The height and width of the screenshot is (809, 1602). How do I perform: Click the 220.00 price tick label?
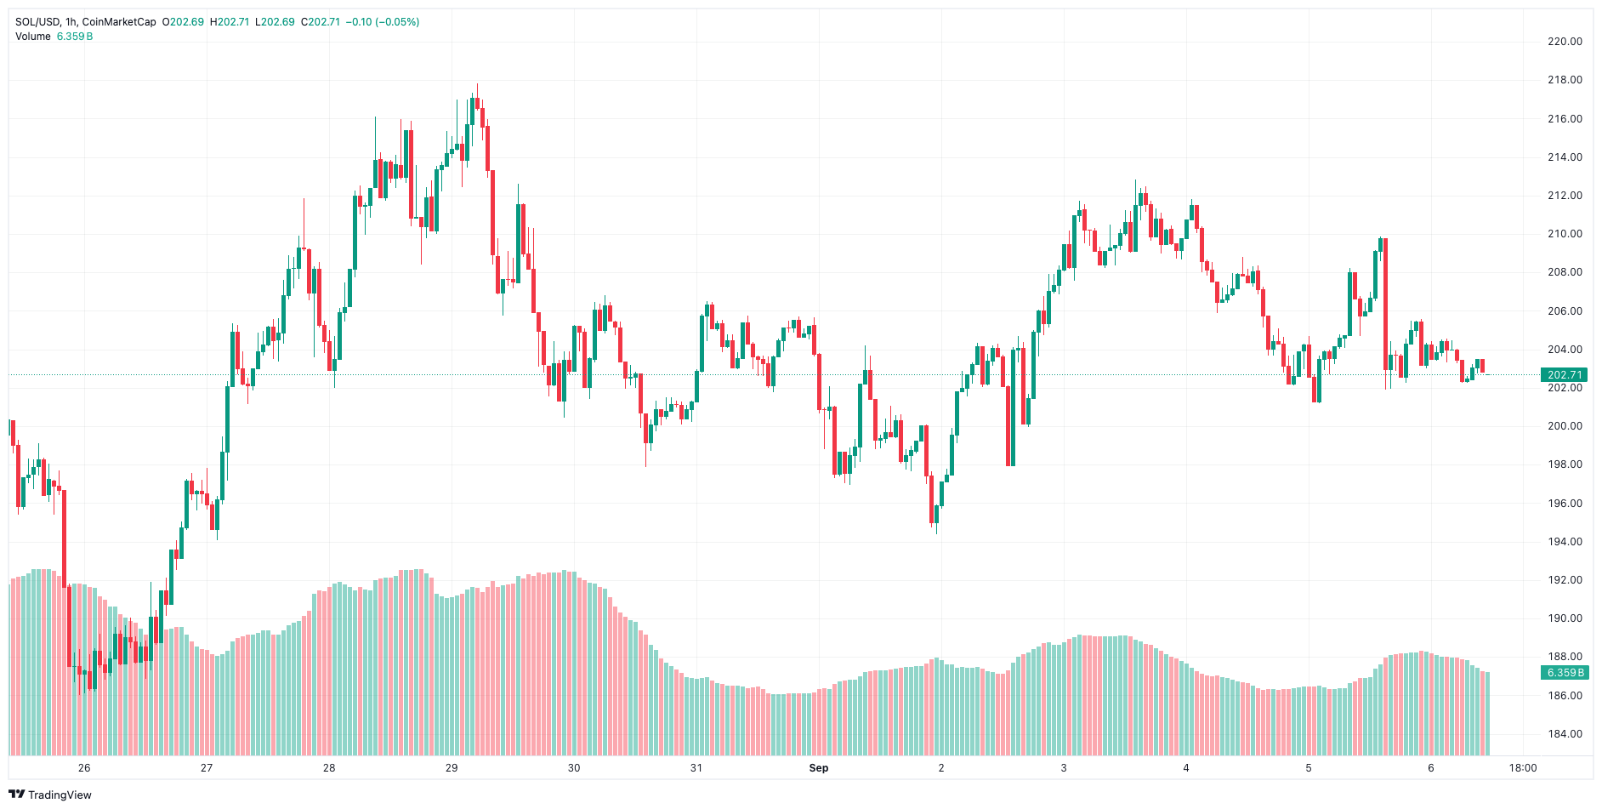(1565, 42)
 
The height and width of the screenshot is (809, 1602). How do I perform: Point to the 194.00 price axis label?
(1565, 542)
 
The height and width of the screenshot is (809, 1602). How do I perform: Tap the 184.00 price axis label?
(1565, 734)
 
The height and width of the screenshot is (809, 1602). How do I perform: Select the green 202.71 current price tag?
(1564, 375)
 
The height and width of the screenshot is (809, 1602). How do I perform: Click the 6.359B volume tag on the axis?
(1564, 673)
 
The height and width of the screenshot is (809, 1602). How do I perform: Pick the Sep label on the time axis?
(818, 768)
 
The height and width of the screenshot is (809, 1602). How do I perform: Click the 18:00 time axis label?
(1522, 768)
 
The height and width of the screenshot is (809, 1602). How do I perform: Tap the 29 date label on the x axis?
(452, 768)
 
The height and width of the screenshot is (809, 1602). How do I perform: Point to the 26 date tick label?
(84, 768)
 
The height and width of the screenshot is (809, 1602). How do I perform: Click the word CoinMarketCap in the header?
(119, 22)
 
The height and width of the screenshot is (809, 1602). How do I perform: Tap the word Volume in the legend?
(33, 37)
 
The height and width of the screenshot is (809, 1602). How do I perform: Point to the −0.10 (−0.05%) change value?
(383, 22)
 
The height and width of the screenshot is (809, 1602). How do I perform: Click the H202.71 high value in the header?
(230, 22)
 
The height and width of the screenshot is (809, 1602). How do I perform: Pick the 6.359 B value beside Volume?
(75, 37)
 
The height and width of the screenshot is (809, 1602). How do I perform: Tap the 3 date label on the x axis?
(1063, 768)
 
